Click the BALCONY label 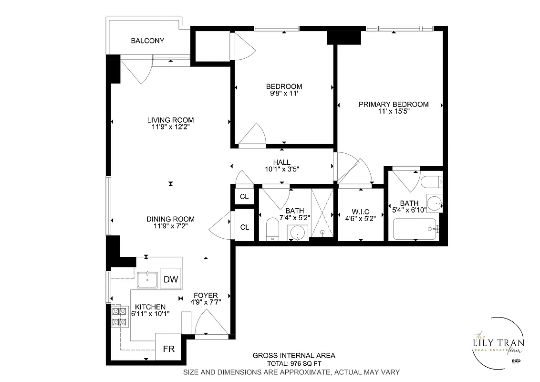pyautogui.click(x=147, y=41)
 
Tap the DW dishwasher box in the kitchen pyautogui.click(x=171, y=279)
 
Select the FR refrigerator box pyautogui.click(x=168, y=349)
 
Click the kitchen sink pyautogui.click(x=148, y=280)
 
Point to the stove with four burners pyautogui.click(x=119, y=317)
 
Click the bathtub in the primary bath pyautogui.click(x=415, y=229)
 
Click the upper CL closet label pyautogui.click(x=244, y=196)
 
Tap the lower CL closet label pyautogui.click(x=244, y=227)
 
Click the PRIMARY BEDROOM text pyautogui.click(x=394, y=104)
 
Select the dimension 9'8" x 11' pyautogui.click(x=284, y=94)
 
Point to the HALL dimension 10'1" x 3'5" pyautogui.click(x=282, y=169)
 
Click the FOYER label pyautogui.click(x=206, y=295)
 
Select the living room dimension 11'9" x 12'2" pyautogui.click(x=170, y=127)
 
